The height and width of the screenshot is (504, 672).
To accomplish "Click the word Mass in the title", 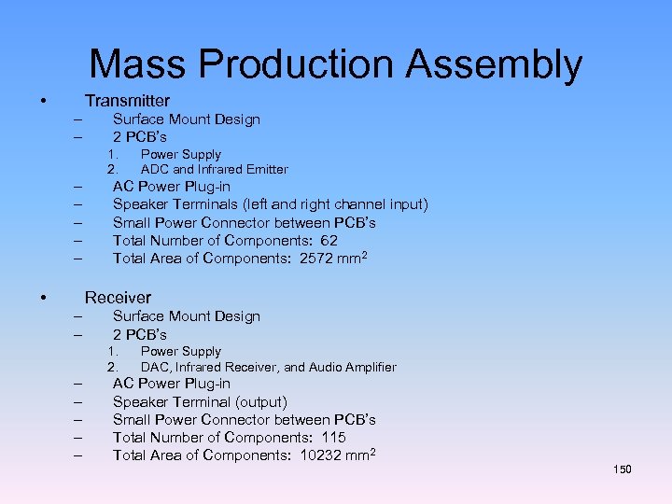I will coord(137,64).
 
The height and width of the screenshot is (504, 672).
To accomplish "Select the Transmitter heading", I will coord(127,100).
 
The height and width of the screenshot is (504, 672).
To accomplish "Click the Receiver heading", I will coord(118,298).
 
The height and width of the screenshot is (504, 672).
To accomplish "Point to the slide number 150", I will coord(623,469).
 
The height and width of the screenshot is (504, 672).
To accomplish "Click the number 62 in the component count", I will coord(329,240).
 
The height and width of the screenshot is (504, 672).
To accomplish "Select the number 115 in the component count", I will coord(332,438).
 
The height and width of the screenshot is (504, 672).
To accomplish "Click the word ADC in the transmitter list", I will coord(154,169).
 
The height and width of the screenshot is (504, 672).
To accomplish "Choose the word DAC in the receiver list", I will coord(154,367).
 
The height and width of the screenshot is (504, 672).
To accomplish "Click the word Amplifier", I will coord(367,367).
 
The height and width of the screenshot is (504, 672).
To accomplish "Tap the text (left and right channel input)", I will coord(342,204).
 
